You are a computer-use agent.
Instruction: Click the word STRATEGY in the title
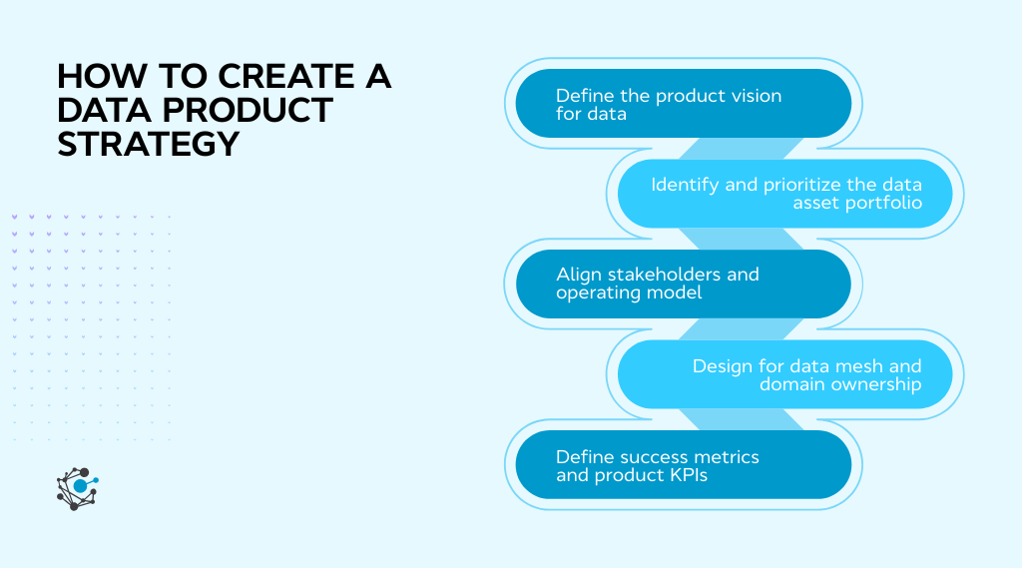(149, 144)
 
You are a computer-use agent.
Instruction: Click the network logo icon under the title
(77, 488)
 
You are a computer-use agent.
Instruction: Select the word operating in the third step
(595, 293)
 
